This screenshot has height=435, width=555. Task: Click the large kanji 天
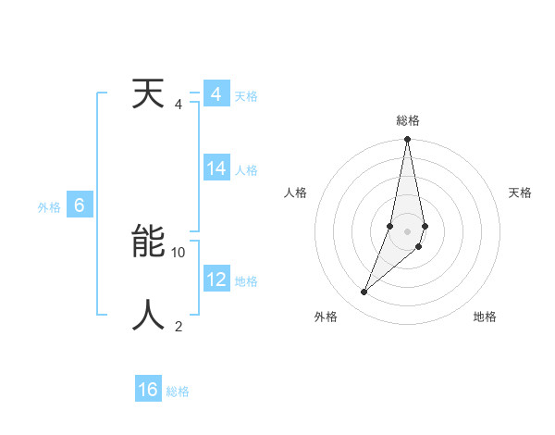pyautogui.click(x=148, y=94)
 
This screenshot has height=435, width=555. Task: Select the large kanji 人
pyautogui.click(x=148, y=316)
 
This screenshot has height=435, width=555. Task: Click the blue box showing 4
pyautogui.click(x=216, y=95)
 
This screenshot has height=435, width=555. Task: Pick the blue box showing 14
pyautogui.click(x=216, y=168)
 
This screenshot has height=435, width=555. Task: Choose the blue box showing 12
pyautogui.click(x=216, y=280)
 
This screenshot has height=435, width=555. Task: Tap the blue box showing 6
pyautogui.click(x=80, y=205)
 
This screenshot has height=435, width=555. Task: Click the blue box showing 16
pyautogui.click(x=148, y=390)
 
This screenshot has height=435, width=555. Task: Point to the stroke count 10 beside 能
pyautogui.click(x=179, y=252)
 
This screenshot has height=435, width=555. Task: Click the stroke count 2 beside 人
pyautogui.click(x=179, y=326)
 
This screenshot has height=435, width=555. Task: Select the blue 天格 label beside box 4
pyautogui.click(x=246, y=96)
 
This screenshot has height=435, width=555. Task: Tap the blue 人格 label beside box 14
pyautogui.click(x=246, y=170)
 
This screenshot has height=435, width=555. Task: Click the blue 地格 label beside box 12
pyautogui.click(x=246, y=281)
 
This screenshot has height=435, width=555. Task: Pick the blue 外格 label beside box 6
pyautogui.click(x=49, y=207)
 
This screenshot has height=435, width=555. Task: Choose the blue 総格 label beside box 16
pyautogui.click(x=178, y=391)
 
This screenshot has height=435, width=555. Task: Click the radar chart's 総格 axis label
pyautogui.click(x=408, y=120)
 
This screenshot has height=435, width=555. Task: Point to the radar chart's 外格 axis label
pyautogui.click(x=326, y=317)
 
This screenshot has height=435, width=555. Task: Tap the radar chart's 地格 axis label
pyautogui.click(x=485, y=317)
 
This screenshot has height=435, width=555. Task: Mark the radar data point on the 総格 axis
pyautogui.click(x=407, y=140)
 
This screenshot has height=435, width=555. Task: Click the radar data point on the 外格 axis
pyautogui.click(x=364, y=292)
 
